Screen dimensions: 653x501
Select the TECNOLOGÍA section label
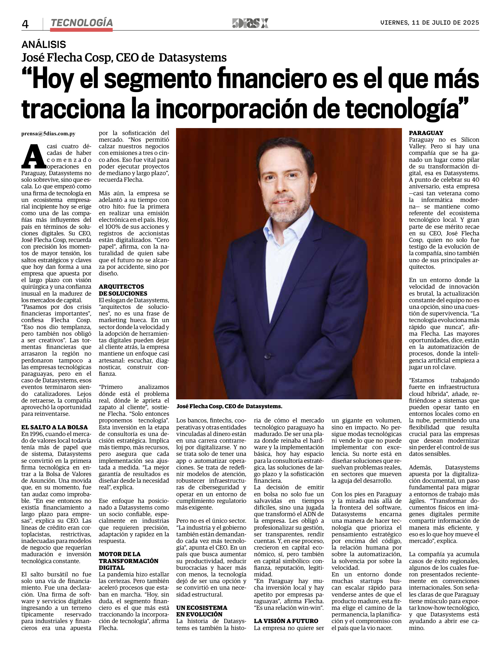[x=81, y=23]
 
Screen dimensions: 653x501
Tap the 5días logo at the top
[x=250, y=23]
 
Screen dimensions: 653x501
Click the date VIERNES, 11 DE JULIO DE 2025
[x=429, y=23]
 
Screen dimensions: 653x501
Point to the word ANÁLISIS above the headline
[x=44, y=44]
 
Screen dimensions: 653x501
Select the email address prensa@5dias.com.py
[x=48, y=134]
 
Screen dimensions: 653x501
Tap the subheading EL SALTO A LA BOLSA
[x=55, y=427]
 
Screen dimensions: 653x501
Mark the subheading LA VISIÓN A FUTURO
[x=286, y=621]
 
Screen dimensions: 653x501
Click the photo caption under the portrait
[x=229, y=407]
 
